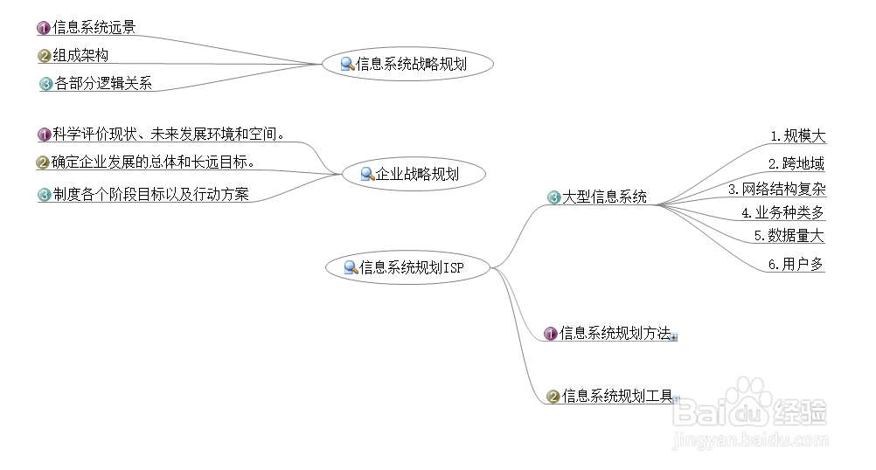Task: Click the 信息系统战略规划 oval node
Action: (x=407, y=63)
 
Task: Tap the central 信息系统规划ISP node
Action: (x=407, y=267)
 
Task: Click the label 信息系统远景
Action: (x=94, y=28)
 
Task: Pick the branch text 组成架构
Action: (x=80, y=56)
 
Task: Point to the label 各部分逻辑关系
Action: (x=103, y=84)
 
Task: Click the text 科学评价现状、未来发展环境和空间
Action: (x=168, y=135)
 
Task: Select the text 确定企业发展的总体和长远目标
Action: (x=153, y=162)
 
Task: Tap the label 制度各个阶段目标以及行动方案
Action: (x=150, y=195)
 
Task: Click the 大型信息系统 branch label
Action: (x=604, y=197)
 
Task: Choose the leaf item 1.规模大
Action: (x=797, y=136)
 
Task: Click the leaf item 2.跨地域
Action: (x=796, y=163)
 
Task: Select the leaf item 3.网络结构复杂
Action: (x=776, y=189)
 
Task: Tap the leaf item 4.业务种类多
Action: (x=782, y=212)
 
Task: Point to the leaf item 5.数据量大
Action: (x=789, y=236)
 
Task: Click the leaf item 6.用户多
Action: (x=796, y=264)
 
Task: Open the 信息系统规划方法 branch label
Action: (x=615, y=333)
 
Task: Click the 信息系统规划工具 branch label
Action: (x=617, y=397)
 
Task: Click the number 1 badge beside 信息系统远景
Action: (x=43, y=28)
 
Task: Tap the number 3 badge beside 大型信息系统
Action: (x=553, y=197)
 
